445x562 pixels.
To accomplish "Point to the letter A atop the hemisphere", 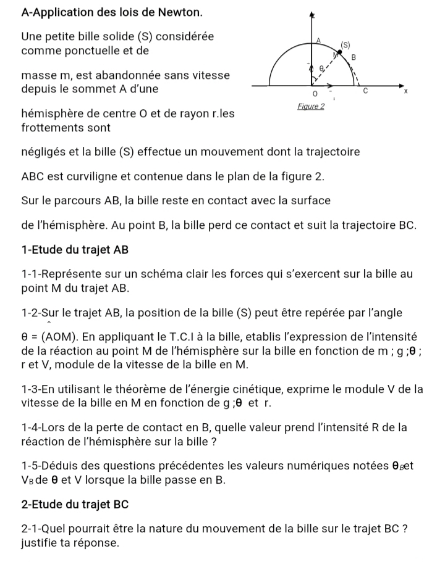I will (x=319, y=39).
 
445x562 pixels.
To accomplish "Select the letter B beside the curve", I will (x=354, y=57).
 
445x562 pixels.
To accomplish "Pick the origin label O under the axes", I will (x=315, y=95).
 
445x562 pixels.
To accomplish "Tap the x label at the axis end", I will (x=405, y=92).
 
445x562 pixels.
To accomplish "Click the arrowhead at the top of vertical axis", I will (x=312, y=14).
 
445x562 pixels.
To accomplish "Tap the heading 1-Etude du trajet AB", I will (x=74, y=250).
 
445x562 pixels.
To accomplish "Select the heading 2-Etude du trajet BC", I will (x=74, y=504).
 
